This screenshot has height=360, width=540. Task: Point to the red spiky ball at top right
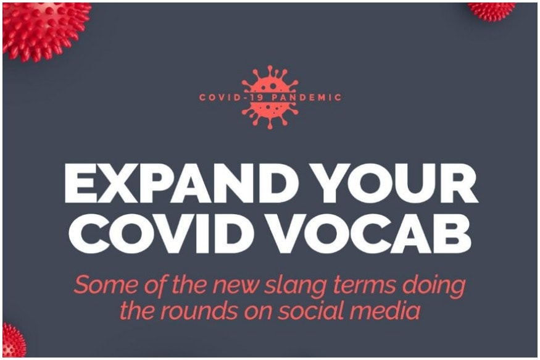491,10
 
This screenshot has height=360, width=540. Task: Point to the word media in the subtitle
384,311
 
